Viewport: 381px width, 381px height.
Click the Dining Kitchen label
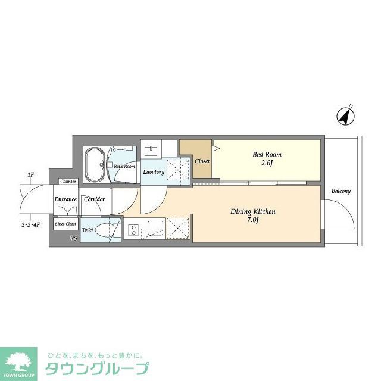[252, 211]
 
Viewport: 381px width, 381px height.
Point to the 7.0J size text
[252, 220]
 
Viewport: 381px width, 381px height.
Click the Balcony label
[341, 191]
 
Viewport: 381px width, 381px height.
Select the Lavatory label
[153, 172]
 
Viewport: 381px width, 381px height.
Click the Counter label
[68, 181]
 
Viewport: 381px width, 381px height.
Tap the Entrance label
[65, 199]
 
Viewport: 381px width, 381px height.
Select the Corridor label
[94, 199]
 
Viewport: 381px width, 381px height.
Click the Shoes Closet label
[65, 224]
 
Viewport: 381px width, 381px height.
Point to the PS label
[74, 238]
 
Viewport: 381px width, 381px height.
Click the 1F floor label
[30, 174]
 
